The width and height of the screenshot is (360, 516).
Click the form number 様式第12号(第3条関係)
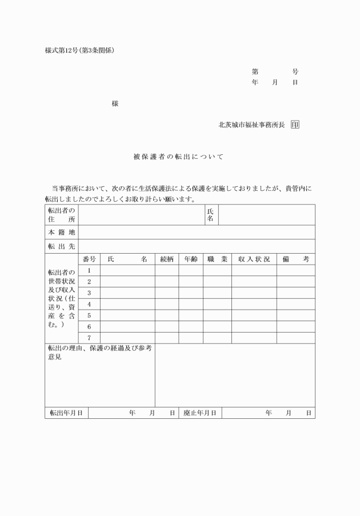(80, 50)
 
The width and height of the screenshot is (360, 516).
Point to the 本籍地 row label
(61, 232)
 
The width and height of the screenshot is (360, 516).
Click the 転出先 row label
(61, 246)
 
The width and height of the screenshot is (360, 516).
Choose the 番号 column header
(89, 259)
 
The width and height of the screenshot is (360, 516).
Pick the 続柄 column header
(167, 259)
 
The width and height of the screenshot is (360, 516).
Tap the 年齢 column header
(191, 259)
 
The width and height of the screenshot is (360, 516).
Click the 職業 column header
(217, 259)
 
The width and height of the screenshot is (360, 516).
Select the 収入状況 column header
(254, 259)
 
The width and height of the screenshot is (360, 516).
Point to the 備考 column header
(296, 259)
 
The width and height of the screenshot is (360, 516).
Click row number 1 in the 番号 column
(89, 270)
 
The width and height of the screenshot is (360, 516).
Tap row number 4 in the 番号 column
(89, 304)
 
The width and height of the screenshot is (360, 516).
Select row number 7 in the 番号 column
(89, 338)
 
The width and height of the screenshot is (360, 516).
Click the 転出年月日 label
(66, 413)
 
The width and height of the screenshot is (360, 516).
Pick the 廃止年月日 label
(200, 413)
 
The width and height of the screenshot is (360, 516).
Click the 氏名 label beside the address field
(210, 215)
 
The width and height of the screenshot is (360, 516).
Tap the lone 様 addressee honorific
(115, 103)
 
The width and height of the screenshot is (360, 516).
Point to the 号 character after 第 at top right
(295, 72)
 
